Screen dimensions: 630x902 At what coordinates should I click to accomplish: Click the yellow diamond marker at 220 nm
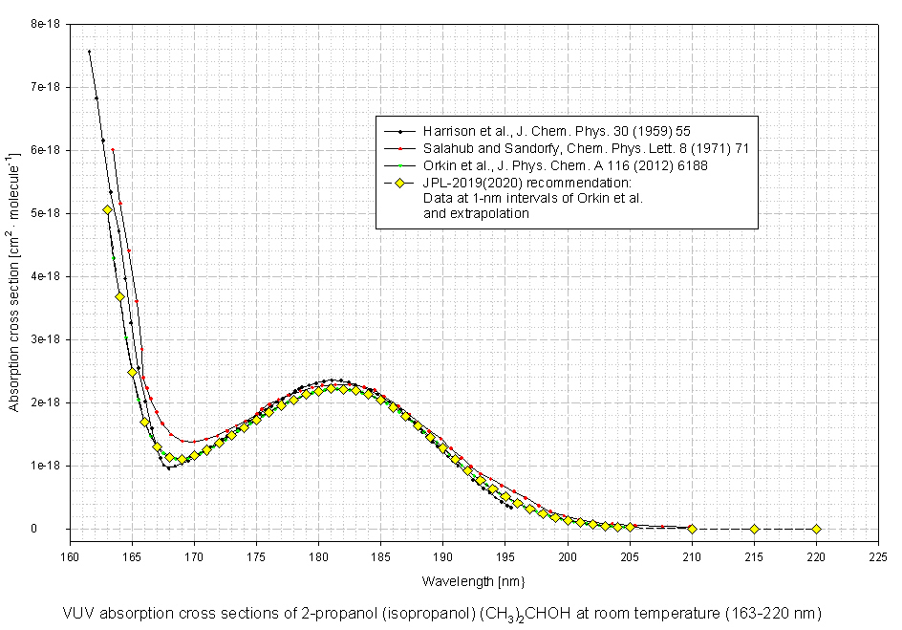point(816,529)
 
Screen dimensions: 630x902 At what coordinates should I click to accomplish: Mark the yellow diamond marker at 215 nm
point(754,529)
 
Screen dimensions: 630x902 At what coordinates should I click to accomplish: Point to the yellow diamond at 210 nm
point(692,528)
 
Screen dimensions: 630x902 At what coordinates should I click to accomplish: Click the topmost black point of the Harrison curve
point(89,52)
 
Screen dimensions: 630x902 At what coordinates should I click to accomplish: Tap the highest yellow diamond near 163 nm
point(107,209)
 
